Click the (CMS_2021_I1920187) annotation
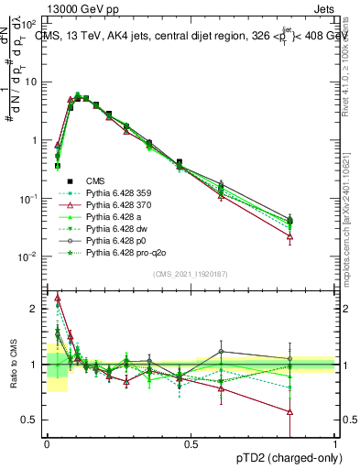pyautogui.click(x=190, y=274)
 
